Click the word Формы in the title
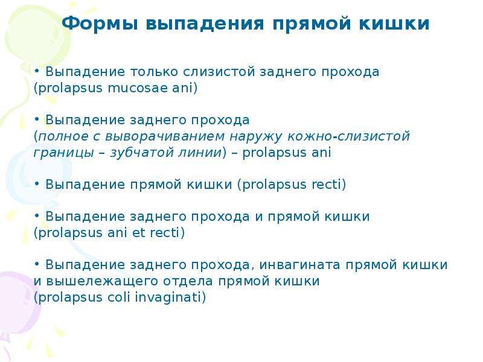click(100, 24)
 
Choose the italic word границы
click(63, 153)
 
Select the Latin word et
click(139, 233)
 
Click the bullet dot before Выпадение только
click(37, 71)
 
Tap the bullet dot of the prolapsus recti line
click(37, 183)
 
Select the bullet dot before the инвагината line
click(37, 264)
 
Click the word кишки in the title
click(394, 24)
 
